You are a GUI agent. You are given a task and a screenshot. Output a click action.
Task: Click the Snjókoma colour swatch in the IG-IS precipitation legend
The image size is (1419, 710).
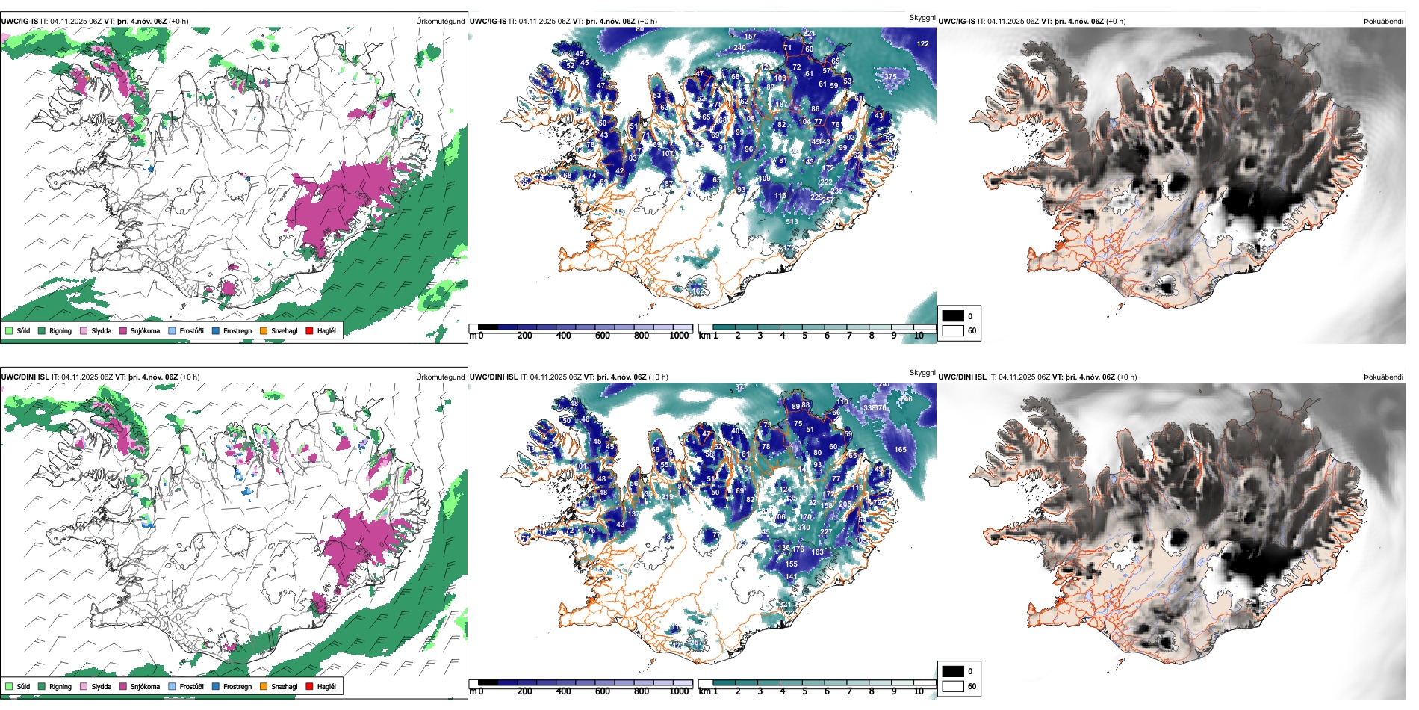coord(123,330)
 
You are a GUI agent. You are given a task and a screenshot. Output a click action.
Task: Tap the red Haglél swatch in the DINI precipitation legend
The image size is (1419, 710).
coord(309,686)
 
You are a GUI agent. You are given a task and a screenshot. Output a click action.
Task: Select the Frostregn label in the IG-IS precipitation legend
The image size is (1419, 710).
coord(237,330)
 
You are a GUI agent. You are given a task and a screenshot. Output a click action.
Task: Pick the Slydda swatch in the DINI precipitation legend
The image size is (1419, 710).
coord(84,686)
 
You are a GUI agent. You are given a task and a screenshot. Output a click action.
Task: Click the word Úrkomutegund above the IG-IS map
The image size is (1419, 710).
coord(440,21)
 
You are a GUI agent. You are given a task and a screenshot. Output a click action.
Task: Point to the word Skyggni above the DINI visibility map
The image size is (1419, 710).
coord(922,372)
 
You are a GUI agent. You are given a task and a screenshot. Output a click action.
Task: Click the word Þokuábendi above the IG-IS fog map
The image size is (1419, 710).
coord(1383,21)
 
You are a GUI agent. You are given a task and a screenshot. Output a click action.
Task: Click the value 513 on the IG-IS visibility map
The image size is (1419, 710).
coord(792,221)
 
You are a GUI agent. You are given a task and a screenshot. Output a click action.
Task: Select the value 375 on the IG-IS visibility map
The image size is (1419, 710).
coord(890,76)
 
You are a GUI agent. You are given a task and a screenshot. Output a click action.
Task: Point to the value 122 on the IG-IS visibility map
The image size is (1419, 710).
coord(923,43)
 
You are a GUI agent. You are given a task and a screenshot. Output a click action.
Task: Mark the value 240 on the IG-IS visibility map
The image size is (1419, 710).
coord(739,47)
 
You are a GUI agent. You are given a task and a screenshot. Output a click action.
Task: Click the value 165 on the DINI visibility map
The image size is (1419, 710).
coord(900,449)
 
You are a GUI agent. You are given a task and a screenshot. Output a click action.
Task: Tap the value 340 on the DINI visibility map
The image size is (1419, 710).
coord(804,527)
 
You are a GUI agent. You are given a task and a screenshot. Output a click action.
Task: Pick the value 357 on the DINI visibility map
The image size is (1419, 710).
coord(695,643)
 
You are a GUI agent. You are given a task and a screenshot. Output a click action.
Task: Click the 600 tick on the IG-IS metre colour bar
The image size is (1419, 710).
coord(603,336)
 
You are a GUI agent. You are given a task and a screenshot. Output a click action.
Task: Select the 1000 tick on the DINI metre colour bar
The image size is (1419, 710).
coord(679,691)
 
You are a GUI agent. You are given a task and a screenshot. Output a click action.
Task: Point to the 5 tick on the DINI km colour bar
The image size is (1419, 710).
coord(804,691)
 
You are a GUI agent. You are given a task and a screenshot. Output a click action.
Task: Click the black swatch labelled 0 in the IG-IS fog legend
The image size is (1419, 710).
coord(953,315)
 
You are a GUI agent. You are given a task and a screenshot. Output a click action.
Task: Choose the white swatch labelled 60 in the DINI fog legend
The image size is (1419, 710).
coord(953,686)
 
